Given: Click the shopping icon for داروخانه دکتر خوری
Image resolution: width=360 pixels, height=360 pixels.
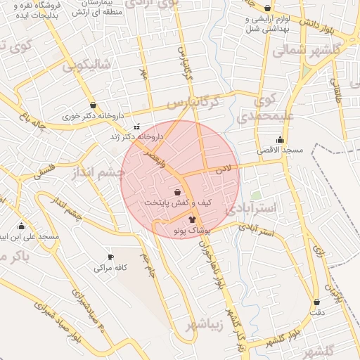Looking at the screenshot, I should pyautogui.click(x=93, y=105).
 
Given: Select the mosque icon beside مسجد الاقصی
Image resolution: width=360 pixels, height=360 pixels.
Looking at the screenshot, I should pyautogui.click(x=281, y=139).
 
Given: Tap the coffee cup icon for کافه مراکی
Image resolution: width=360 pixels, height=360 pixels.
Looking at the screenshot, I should pyautogui.click(x=110, y=257).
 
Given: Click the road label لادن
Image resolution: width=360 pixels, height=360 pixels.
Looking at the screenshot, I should pyautogui.click(x=224, y=169).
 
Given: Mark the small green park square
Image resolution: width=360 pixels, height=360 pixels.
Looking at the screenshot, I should pyautogui.click(x=256, y=195).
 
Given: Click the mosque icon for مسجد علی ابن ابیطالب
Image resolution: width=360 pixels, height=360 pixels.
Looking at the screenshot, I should pyautogui.click(x=21, y=226).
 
